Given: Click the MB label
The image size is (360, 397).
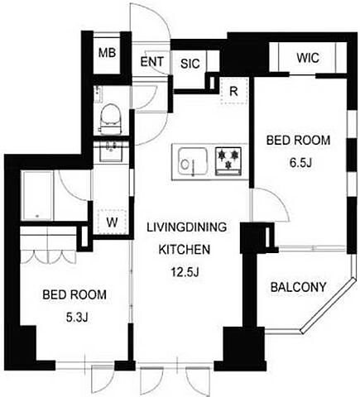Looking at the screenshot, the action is [108, 52].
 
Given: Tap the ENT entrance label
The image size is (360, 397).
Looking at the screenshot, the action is [151, 62].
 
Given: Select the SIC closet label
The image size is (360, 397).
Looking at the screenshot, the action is [190, 64].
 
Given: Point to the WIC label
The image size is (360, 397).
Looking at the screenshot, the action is [308, 58].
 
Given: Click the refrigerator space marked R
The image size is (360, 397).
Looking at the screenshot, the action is [234, 91].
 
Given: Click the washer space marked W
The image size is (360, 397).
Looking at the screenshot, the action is [113, 222].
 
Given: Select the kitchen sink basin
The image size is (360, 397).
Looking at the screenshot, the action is [193, 162].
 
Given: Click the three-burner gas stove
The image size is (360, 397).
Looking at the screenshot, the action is [228, 161].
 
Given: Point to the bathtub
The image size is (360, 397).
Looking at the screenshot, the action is [37, 195].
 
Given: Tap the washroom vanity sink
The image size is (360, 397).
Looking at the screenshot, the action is [111, 151].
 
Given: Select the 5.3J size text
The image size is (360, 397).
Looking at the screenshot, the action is [77, 318].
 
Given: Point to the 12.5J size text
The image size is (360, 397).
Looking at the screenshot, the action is [185, 272].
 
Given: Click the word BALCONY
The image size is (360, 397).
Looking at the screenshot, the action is [298, 287].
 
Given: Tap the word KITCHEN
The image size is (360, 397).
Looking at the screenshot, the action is [185, 249].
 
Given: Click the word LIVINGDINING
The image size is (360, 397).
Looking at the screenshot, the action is [187, 227].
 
